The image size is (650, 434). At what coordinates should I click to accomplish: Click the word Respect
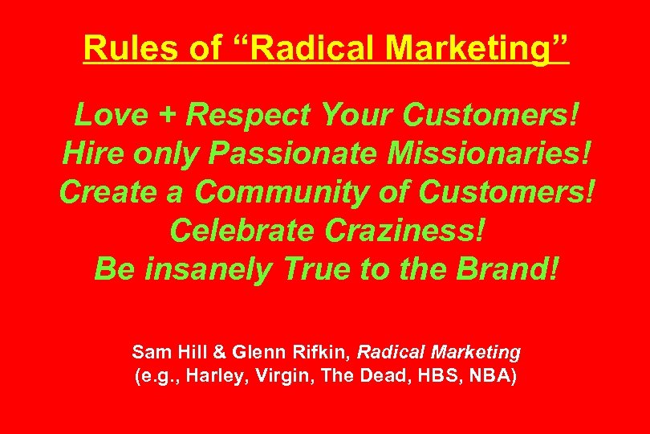pos(248,115)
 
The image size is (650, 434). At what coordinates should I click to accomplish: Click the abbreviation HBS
pos(433,376)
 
